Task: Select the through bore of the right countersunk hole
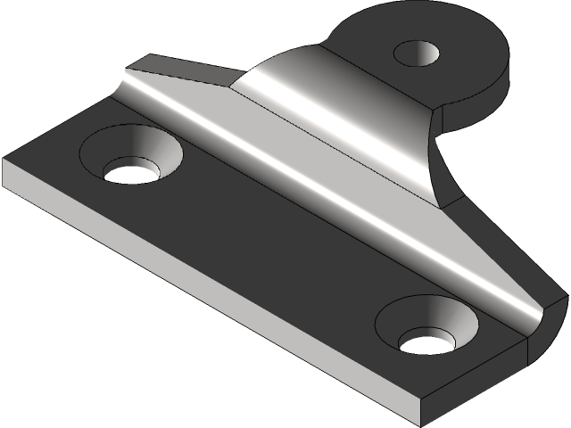(x=426, y=342)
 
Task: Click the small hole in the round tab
(x=418, y=54)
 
